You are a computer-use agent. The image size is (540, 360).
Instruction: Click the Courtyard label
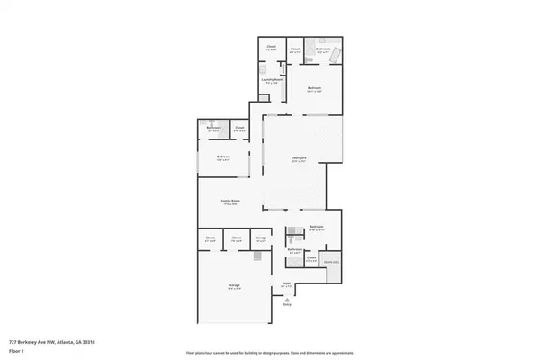point(299,158)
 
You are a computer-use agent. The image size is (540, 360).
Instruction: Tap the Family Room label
point(230,202)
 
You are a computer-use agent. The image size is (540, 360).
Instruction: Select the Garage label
point(234,285)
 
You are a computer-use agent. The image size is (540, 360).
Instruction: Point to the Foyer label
point(287,283)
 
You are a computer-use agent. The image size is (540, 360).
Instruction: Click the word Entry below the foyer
point(287,305)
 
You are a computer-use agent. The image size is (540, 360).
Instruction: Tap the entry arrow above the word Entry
point(287,298)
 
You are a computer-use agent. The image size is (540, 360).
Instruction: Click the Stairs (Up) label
point(331,262)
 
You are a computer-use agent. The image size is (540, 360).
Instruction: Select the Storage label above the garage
point(260,238)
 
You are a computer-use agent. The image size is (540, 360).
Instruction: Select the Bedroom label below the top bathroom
point(314,89)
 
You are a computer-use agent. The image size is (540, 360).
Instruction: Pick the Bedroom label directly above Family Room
point(223,157)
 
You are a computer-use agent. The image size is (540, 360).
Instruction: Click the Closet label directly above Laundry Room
point(272,48)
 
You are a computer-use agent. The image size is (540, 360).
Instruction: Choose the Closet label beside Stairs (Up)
point(311,257)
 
